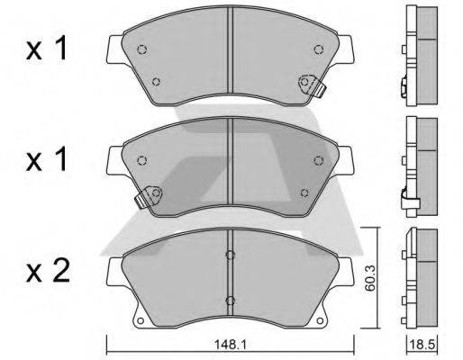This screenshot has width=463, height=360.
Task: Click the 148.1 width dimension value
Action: point(230,345)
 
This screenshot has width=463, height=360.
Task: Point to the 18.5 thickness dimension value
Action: point(422,345)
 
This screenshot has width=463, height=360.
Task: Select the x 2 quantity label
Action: point(48,272)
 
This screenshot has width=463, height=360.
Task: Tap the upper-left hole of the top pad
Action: point(141,49)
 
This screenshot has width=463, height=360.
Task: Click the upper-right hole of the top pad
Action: point(318,49)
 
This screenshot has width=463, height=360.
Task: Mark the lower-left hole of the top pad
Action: point(156,81)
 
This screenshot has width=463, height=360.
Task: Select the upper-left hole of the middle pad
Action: point(141,160)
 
